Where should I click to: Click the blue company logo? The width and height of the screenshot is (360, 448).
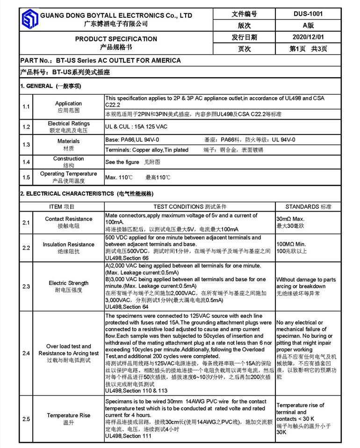click(x=29, y=20)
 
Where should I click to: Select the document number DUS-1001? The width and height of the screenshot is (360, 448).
click(x=309, y=14)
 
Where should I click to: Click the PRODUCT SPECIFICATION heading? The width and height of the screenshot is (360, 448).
click(x=116, y=39)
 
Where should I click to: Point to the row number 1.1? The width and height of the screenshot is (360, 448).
click(x=26, y=107)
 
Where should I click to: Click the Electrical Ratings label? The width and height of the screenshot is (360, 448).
click(x=69, y=124)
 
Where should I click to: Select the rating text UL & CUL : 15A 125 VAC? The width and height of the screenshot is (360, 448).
click(x=136, y=127)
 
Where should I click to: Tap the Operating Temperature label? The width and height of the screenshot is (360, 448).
click(x=68, y=174)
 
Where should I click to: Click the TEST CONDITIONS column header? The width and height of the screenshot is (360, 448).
click(x=190, y=206)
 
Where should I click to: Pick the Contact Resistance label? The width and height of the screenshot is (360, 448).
click(x=69, y=219)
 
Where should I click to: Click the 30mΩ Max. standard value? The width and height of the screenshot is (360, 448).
click(x=290, y=219)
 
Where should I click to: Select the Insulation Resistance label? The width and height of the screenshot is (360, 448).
click(x=69, y=244)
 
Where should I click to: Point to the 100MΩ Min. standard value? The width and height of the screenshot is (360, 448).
click(x=291, y=244)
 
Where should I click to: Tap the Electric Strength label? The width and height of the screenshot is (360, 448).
click(x=69, y=283)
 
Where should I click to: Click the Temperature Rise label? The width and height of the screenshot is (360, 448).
click(x=69, y=415)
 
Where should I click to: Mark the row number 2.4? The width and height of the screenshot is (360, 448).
click(x=26, y=353)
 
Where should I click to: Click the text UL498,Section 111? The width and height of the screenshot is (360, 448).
click(x=128, y=436)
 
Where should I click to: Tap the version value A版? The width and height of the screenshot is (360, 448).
click(x=309, y=25)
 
